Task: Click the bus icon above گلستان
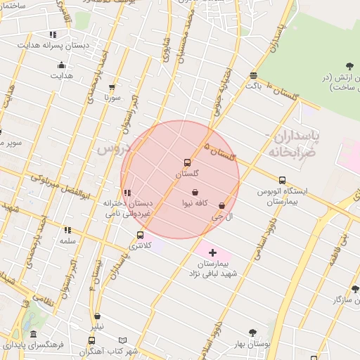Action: (x=187, y=162)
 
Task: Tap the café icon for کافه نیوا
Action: (x=195, y=192)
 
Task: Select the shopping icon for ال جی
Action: (x=222, y=205)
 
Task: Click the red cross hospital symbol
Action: (x=212, y=252)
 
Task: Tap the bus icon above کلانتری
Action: (x=140, y=235)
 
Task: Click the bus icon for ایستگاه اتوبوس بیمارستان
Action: (x=282, y=180)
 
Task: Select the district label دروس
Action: (x=112, y=149)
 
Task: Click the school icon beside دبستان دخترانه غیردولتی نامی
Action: (x=127, y=193)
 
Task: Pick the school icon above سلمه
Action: (x=67, y=230)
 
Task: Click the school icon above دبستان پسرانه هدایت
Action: (x=53, y=34)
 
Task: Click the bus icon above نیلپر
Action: (x=96, y=316)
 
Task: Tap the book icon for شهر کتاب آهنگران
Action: (x=123, y=340)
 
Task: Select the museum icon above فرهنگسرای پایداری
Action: (x=33, y=335)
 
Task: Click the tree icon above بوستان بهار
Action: (x=252, y=333)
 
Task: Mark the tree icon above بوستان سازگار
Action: (x=354, y=289)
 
